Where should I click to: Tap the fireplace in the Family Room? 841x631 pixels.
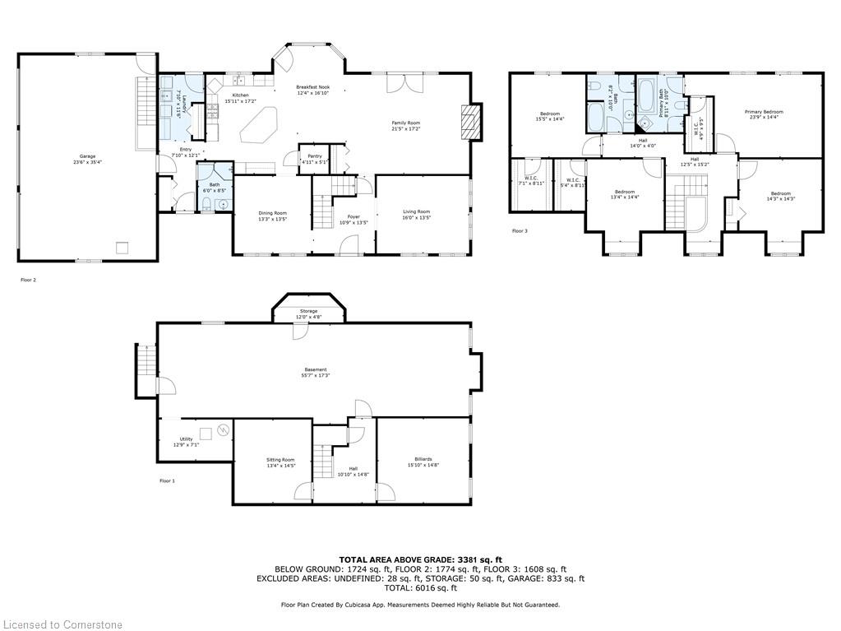[x=469, y=122]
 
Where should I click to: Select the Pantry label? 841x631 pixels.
[x=314, y=156]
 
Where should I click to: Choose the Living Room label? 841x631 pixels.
[x=416, y=212]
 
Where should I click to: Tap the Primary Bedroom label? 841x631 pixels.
[x=764, y=112]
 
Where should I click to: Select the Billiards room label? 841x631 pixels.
[x=423, y=459]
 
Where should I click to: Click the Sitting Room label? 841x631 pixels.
[x=280, y=460]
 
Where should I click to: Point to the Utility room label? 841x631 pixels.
[x=187, y=439]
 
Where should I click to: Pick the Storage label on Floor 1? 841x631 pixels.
[x=308, y=311]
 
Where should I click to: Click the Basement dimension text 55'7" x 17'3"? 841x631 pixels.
[x=316, y=376]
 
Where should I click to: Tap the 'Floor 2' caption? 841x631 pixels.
[x=29, y=280]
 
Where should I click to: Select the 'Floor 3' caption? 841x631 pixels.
[x=520, y=231]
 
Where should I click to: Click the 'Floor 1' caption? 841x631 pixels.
[x=167, y=480]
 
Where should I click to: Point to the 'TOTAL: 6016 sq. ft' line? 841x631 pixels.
[x=420, y=587]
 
